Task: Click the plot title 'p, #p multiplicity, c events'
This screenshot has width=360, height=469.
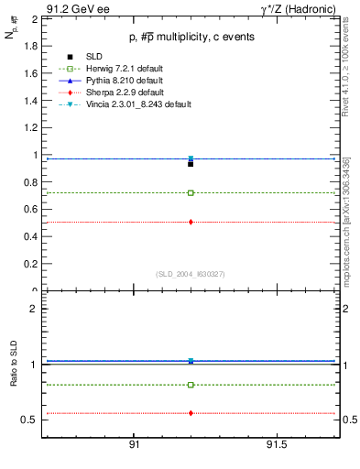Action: coord(190,37)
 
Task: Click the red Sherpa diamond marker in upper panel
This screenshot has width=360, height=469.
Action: coord(191,222)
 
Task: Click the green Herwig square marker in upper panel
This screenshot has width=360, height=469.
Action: coord(191,193)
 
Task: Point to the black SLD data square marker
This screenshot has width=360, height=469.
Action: coord(191,164)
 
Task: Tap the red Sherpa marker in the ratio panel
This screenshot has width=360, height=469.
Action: coord(191,413)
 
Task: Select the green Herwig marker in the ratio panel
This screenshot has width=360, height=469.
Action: coord(191,385)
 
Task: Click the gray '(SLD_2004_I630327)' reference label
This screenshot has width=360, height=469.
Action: coord(190,274)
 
